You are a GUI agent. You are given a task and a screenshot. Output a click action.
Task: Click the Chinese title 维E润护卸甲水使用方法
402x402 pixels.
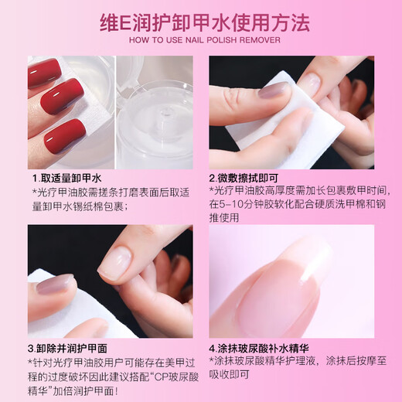(x=200, y=20)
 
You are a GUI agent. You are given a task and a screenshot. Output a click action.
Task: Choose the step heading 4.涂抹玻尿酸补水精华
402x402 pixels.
(x=264, y=347)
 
